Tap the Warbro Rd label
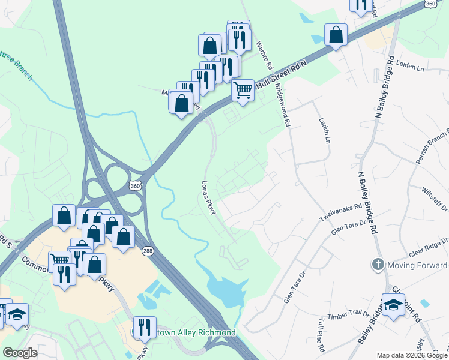pos(264,53)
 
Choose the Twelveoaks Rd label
pos(341,212)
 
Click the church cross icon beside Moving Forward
pos(378,264)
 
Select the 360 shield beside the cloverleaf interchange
pos(136,186)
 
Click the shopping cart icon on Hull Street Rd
pos(243,91)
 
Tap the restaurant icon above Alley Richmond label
pos(144,326)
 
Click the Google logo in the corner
pos(20,352)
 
